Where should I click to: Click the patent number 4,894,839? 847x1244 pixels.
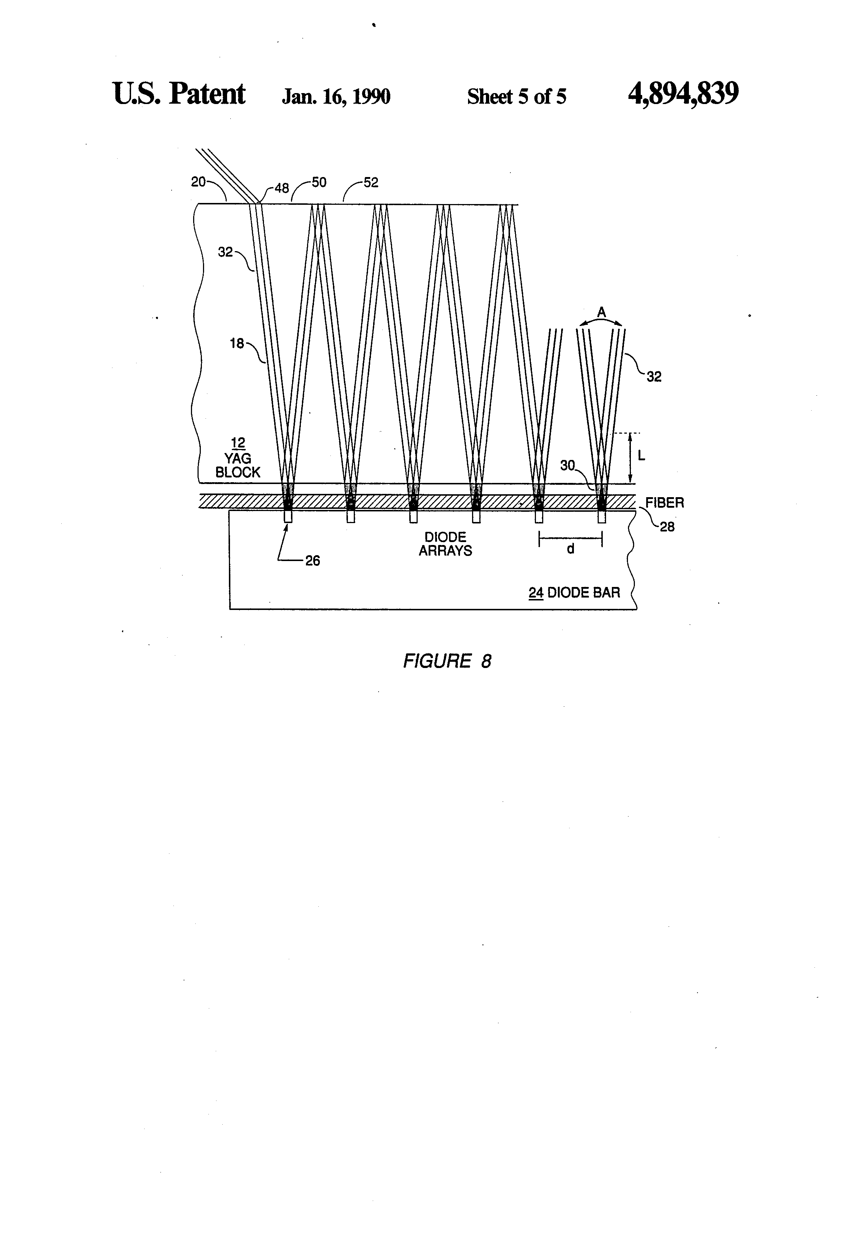[683, 94]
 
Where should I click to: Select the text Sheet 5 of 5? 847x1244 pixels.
[516, 96]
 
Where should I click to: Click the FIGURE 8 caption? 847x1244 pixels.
[447, 661]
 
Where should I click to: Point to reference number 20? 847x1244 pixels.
[198, 182]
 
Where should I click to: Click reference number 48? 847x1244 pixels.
[281, 188]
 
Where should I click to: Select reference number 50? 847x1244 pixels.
[319, 183]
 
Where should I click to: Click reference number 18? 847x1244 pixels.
[237, 343]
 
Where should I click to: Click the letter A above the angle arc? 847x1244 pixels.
[601, 311]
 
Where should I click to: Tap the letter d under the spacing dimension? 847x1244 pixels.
[571, 549]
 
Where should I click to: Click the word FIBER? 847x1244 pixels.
[664, 503]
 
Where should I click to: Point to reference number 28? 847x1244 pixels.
[667, 527]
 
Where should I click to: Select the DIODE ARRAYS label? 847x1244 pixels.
[445, 544]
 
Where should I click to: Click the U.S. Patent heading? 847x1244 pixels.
[179, 94]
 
